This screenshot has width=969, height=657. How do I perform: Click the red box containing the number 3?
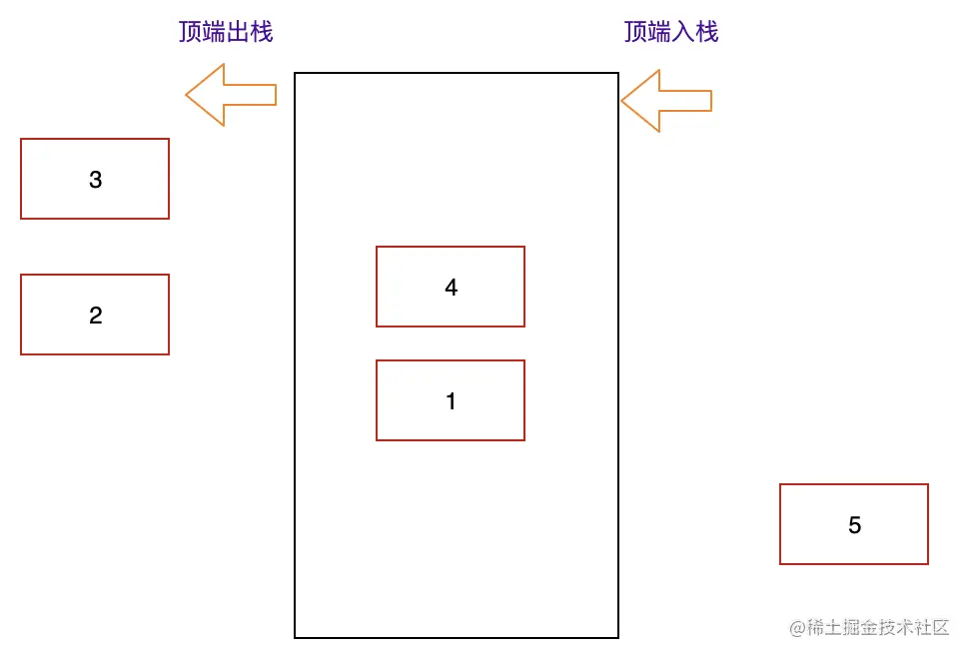[95, 179]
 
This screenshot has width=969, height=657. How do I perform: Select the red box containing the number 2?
[95, 315]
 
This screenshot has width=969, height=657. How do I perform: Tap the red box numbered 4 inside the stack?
[451, 287]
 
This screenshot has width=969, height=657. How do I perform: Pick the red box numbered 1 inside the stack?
[451, 400]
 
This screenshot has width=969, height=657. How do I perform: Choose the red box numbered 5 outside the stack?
[854, 524]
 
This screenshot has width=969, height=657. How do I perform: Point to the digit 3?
[95, 180]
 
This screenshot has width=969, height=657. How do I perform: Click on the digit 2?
[95, 316]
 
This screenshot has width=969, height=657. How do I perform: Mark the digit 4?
[451, 288]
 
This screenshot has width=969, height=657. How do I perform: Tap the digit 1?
[451, 401]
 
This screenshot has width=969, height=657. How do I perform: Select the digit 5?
[854, 525]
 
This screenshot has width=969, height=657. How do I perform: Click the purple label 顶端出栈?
[226, 32]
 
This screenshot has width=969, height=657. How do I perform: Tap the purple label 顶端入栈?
[671, 32]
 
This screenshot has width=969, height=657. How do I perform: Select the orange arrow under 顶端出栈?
[230, 95]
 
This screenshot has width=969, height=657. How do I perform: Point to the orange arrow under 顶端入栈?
[665, 101]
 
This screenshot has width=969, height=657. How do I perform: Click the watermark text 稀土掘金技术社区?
[878, 627]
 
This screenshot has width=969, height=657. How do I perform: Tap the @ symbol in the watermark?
[797, 628]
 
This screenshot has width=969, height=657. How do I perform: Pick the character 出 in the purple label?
[238, 32]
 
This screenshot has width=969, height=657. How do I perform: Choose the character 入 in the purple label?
[683, 32]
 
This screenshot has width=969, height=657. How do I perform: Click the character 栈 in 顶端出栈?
[262, 32]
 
